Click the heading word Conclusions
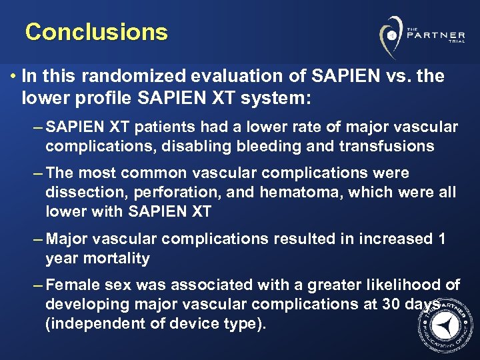(x=96, y=32)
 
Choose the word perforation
(x=155, y=193)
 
